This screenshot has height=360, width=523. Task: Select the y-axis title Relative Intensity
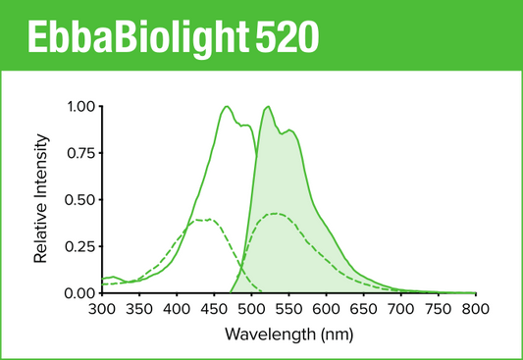42,199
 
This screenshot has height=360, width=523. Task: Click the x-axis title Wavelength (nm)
288,334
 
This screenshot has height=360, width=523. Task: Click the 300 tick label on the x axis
102,309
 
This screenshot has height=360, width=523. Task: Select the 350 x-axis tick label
139,309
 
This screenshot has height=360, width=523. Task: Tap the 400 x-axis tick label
177,309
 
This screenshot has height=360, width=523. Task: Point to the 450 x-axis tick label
214,309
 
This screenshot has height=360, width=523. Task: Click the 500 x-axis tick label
251,309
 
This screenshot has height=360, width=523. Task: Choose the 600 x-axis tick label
326,309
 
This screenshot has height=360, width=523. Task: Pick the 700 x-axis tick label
400,309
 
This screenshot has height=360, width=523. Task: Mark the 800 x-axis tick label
475,309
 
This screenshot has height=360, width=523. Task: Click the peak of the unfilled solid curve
228,107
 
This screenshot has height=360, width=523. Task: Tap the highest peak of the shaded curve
267,107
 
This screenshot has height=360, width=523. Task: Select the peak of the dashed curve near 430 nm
201,220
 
